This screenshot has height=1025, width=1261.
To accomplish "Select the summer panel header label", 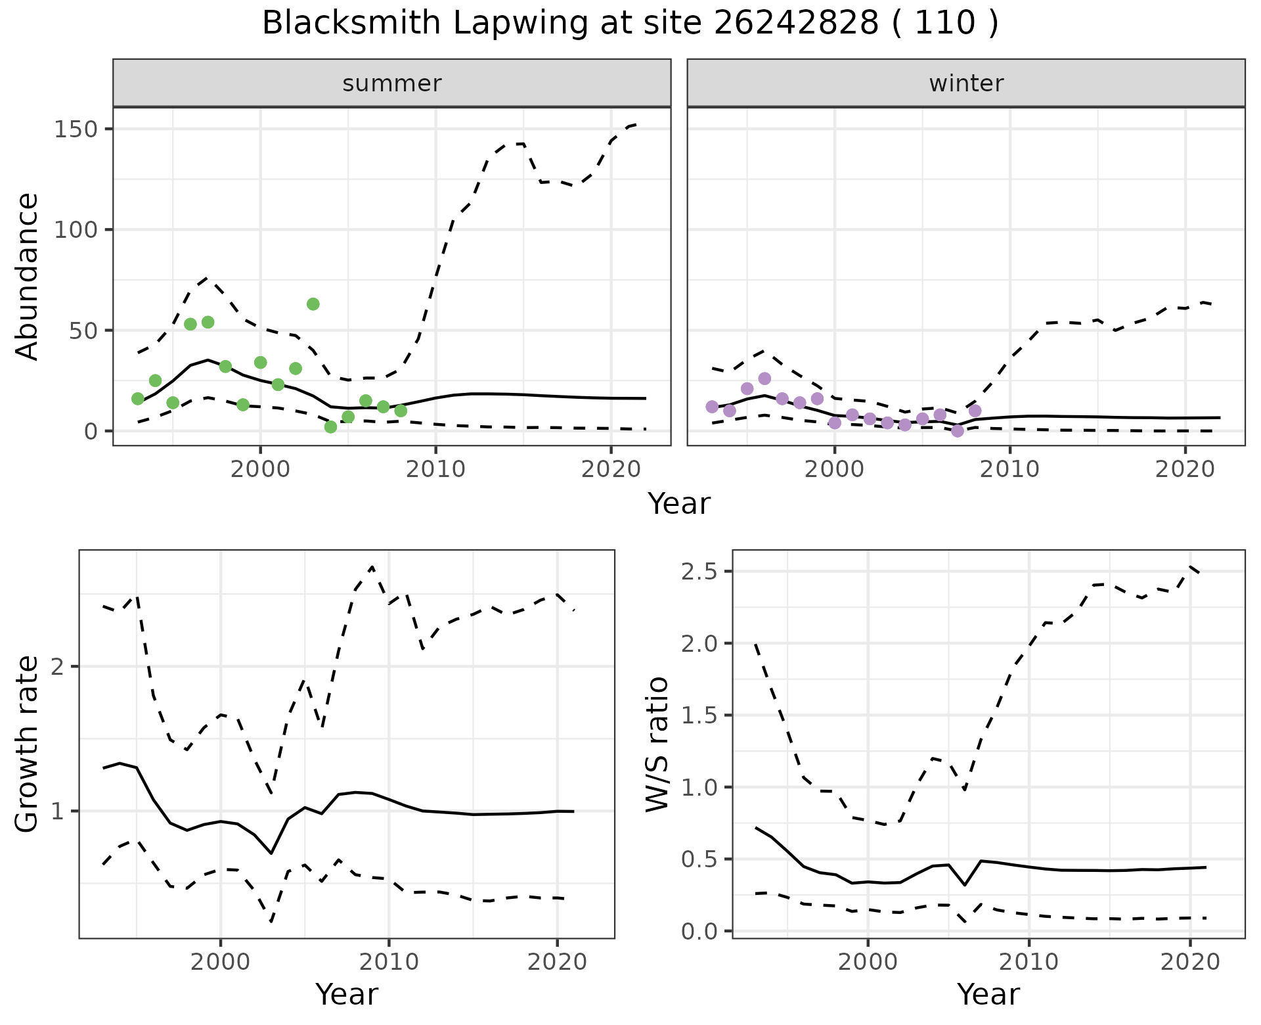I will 392,83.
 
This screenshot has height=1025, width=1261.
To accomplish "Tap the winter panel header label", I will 966,83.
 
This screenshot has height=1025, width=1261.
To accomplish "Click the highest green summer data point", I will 313,304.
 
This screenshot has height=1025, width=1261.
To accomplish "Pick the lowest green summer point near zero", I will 330,427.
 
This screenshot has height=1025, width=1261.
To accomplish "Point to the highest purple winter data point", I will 764,378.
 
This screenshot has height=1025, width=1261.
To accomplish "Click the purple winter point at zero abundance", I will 958,431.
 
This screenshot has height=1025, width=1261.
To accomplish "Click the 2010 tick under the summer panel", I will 435,470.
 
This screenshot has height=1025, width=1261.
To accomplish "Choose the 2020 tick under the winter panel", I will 1185,470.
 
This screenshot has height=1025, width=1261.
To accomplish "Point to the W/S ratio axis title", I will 657,744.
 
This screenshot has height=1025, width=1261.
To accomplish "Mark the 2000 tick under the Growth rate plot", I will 221,963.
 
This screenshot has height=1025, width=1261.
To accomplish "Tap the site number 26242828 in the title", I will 796,24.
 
